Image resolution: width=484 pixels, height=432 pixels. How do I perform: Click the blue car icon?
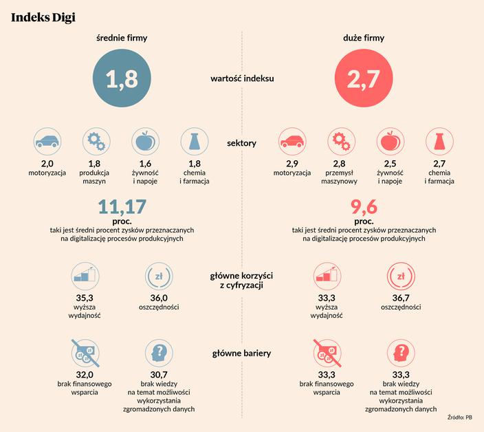(47, 142)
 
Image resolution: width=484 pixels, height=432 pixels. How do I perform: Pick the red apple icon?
(390, 142)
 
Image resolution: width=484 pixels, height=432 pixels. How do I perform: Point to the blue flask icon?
(195, 142)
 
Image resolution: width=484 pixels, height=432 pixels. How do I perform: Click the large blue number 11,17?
(122, 207)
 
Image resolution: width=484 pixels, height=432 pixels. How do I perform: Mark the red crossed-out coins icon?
(327, 354)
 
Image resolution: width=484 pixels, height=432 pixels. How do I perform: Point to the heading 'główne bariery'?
(241, 354)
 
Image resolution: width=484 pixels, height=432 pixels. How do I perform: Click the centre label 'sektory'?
(241, 143)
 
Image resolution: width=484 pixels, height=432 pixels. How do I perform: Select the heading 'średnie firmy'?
(122, 39)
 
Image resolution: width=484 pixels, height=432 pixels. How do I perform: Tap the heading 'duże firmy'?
(364, 39)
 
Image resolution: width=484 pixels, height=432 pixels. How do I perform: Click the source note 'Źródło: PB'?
(459, 417)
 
